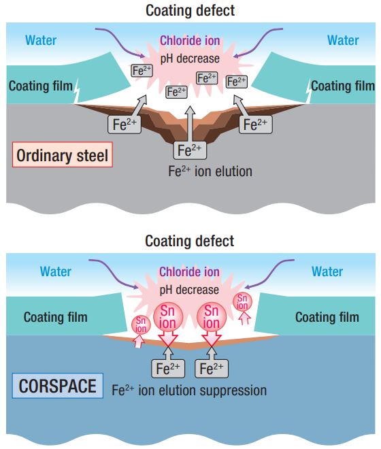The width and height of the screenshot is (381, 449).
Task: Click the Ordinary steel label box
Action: pyautogui.click(x=63, y=154)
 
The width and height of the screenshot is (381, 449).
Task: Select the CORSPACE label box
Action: pyautogui.click(x=58, y=386)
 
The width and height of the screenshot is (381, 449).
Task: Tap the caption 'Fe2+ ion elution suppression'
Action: pyautogui.click(x=189, y=390)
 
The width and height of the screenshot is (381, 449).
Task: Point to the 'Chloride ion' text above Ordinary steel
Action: pyautogui.click(x=190, y=41)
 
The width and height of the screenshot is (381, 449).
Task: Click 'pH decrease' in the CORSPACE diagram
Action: pyautogui.click(x=189, y=290)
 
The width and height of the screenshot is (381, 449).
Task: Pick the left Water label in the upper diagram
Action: pyautogui.click(x=41, y=40)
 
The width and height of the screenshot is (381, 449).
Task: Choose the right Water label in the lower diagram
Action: pyautogui.click(x=327, y=271)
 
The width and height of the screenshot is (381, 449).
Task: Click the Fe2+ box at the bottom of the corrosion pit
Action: pyautogui.click(x=190, y=150)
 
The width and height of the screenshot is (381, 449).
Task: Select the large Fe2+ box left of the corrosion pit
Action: pyautogui.click(x=125, y=124)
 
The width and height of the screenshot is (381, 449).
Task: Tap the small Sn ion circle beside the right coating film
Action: pyautogui.click(x=242, y=302)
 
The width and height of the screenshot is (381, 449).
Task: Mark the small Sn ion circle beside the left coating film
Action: pyautogui.click(x=141, y=325)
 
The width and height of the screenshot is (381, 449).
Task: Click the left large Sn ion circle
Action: pyautogui.click(x=168, y=317)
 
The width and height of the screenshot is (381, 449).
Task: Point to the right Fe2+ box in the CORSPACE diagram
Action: pyautogui.click(x=212, y=369)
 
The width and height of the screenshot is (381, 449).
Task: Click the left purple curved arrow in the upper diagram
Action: pyautogui.click(x=120, y=40)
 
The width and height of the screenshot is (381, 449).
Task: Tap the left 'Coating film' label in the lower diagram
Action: pyautogui.click(x=56, y=317)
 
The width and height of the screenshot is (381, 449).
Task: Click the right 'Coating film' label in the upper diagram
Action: pyautogui.click(x=343, y=86)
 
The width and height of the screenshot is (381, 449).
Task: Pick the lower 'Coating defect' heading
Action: pyautogui.click(x=190, y=241)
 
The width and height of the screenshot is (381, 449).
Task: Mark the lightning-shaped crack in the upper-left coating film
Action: pyautogui.click(x=76, y=90)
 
